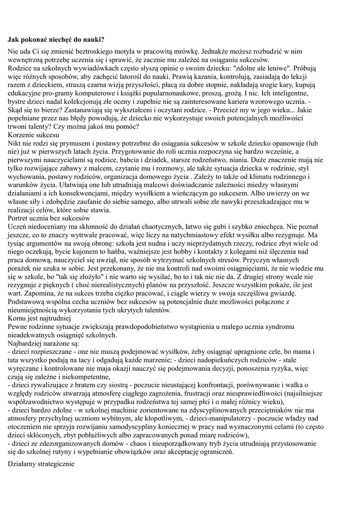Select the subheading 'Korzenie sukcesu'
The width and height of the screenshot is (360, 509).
coord(33,135)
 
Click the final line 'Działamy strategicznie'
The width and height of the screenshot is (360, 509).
coord(41,464)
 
